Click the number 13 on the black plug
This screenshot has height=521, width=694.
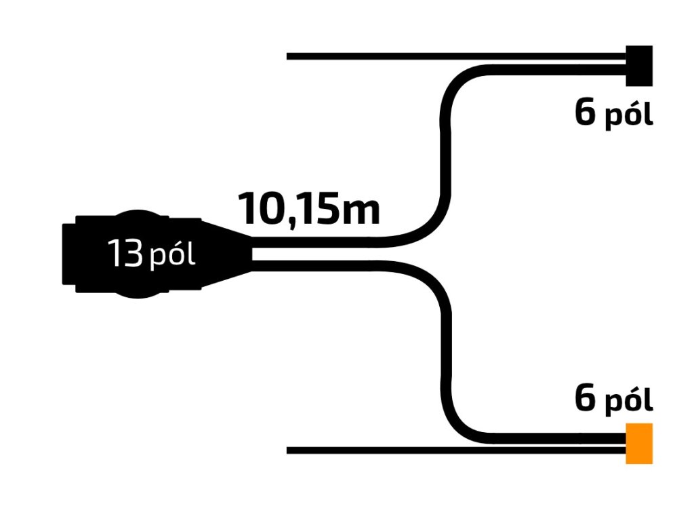(125, 254)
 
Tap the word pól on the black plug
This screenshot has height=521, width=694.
(172, 257)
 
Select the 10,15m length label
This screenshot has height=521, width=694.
(308, 209)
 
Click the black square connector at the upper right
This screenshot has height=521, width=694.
(639, 66)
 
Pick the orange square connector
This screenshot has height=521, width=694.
(639, 443)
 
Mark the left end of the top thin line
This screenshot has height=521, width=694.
(289, 56)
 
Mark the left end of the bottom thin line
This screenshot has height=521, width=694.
(289, 450)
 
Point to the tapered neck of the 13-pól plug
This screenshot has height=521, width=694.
(227, 254)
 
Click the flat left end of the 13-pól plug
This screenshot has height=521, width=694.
(66, 254)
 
